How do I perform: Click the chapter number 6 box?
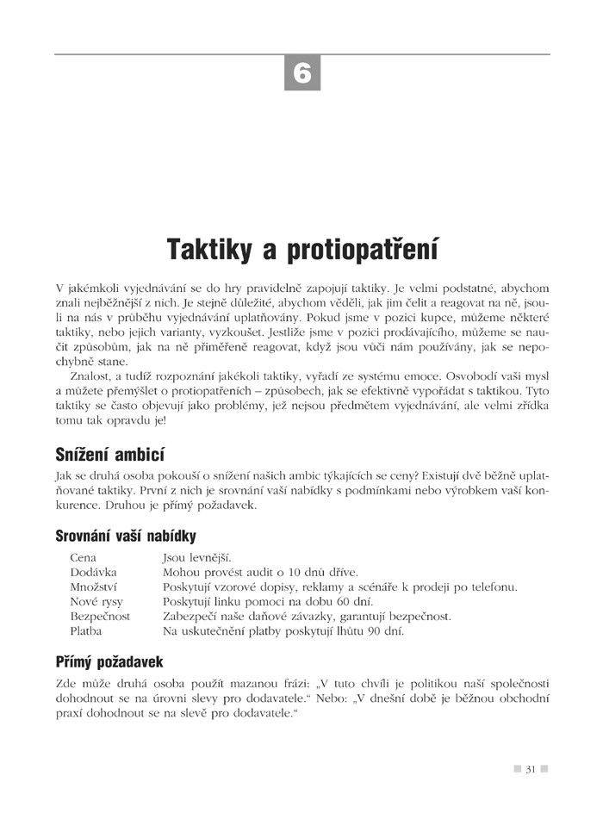tap(302, 72)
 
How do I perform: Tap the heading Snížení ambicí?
tap(109, 454)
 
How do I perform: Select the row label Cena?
tap(84, 558)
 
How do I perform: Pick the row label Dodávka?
tap(93, 573)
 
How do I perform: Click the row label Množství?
tap(94, 587)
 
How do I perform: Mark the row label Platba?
tap(86, 631)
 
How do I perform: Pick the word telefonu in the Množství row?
tap(493, 587)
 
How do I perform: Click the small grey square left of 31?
tap(516, 768)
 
